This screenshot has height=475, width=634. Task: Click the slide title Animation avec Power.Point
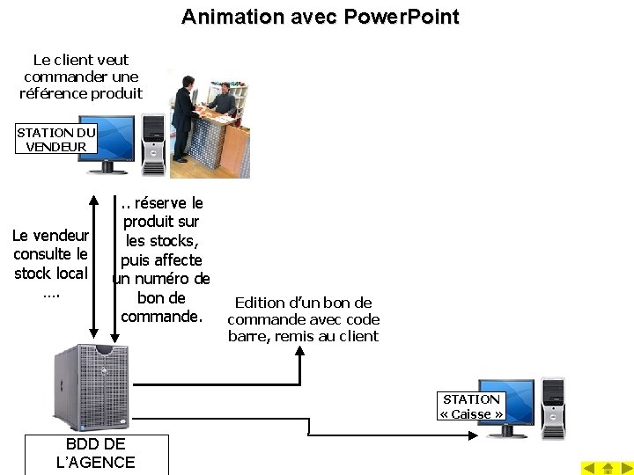point(320,17)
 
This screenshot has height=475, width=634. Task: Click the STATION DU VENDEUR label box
point(56,139)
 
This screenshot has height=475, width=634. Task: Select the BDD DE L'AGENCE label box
point(95,454)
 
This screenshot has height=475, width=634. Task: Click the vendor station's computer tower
point(153,144)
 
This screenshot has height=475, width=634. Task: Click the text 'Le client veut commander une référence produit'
point(80,77)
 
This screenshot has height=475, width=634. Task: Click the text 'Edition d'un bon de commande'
point(303,311)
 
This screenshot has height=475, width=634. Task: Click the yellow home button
point(608,467)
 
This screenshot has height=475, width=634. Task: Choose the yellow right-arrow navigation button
point(624,467)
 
